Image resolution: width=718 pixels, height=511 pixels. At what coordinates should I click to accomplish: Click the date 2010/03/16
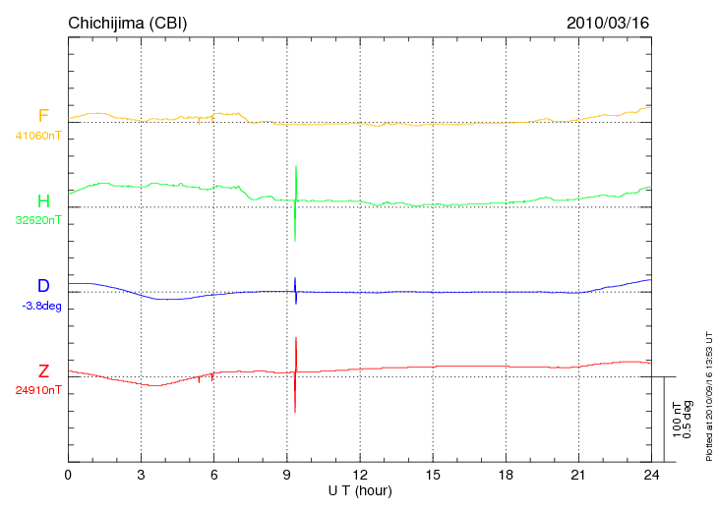pos(608,22)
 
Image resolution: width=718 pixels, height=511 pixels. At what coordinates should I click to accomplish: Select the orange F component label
pos(43,117)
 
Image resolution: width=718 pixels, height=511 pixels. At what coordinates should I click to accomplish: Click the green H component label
pos(43,201)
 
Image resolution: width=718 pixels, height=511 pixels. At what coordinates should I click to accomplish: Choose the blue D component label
pos(43,286)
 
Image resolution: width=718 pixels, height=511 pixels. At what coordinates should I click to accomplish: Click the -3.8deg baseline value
pos(41,306)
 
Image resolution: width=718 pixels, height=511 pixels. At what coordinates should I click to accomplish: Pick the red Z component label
pos(43,371)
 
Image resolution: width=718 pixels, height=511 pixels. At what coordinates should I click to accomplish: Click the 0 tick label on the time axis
pos(68,475)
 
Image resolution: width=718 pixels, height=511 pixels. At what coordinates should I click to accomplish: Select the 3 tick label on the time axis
pos(141,475)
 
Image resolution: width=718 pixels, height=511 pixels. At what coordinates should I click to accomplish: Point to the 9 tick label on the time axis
pos(286,475)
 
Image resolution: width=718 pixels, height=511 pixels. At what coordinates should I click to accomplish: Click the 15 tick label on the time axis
pos(433,475)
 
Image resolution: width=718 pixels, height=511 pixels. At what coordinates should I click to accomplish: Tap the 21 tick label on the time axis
pos(578,475)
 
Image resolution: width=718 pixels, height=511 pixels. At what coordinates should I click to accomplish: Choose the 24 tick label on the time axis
pos(651,475)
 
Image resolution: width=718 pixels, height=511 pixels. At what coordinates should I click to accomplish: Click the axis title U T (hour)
pos(360,489)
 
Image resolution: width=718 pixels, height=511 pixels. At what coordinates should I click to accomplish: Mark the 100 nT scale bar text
pos(677,419)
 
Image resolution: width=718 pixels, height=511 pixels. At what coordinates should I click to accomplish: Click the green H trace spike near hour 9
pos(296,201)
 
